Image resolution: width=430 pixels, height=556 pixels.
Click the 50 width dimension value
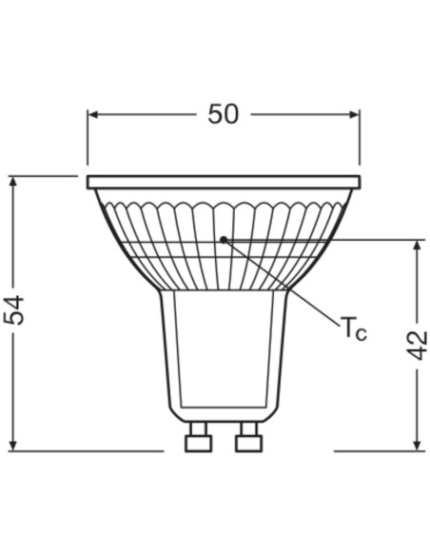[x=223, y=114]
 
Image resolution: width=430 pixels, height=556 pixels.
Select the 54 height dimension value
[x=16, y=311]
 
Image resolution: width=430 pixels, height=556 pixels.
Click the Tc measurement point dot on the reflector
[x=223, y=239]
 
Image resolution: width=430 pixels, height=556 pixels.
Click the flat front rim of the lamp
[x=224, y=181]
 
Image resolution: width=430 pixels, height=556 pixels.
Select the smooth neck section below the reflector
[x=224, y=352]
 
